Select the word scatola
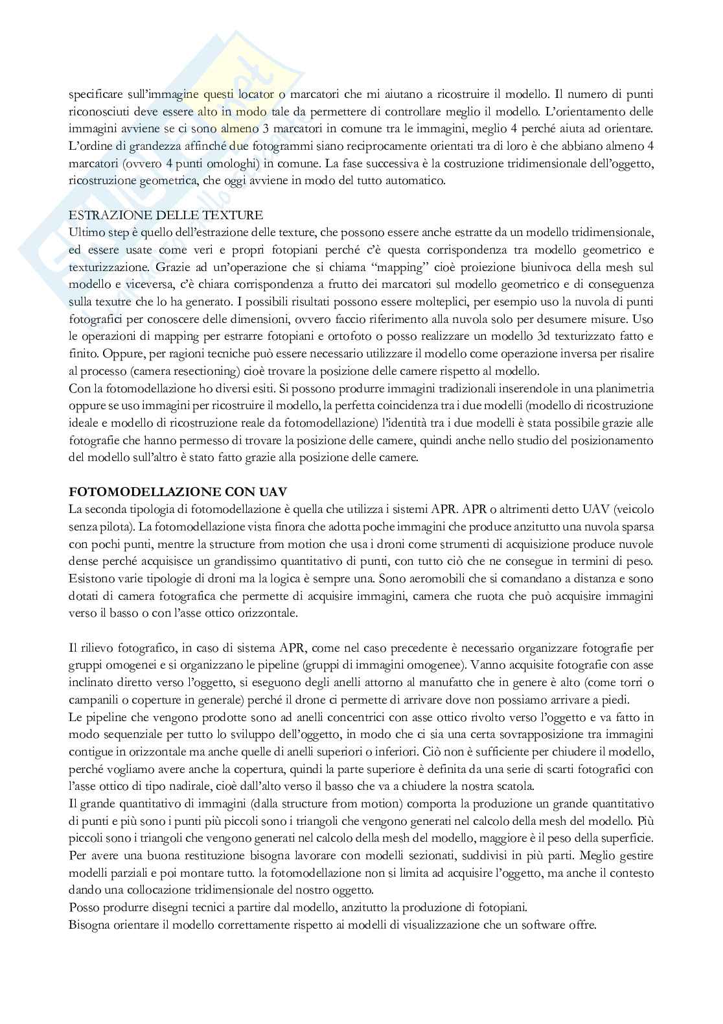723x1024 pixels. click(513, 786)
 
